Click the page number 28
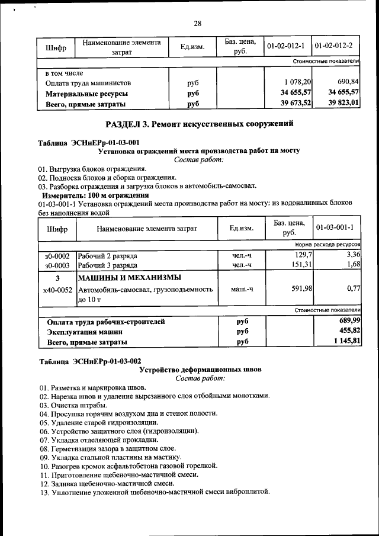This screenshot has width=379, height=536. (x=197, y=24)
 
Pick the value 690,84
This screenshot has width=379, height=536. (x=348, y=82)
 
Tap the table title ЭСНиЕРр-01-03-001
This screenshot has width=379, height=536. (x=89, y=143)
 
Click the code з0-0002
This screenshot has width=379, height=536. (x=57, y=256)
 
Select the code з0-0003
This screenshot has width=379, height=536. (x=57, y=265)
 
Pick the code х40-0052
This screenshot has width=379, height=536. (x=57, y=290)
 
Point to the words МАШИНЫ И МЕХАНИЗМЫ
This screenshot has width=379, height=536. (x=130, y=278)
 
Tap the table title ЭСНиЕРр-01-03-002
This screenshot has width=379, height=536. (x=89, y=361)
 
